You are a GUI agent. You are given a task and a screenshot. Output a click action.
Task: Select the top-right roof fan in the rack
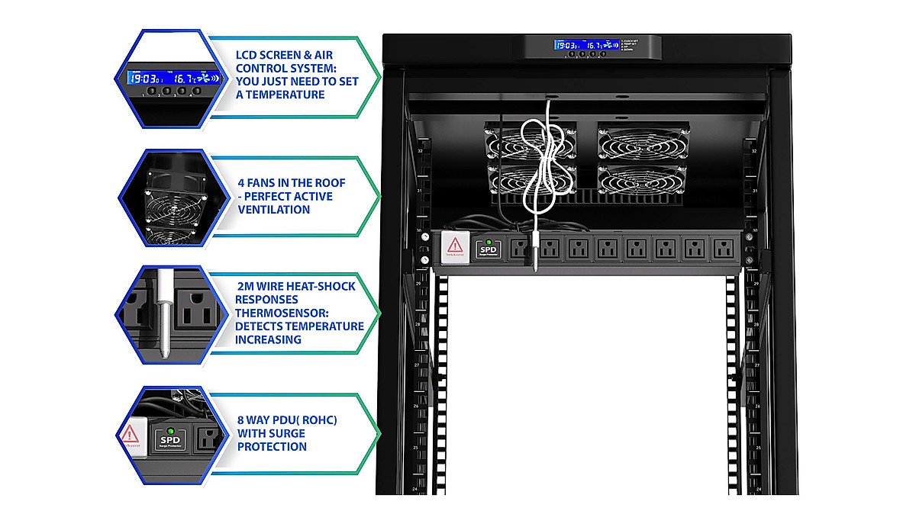click(x=643, y=143)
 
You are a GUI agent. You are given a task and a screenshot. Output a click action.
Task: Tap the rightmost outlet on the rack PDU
click(x=721, y=249)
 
